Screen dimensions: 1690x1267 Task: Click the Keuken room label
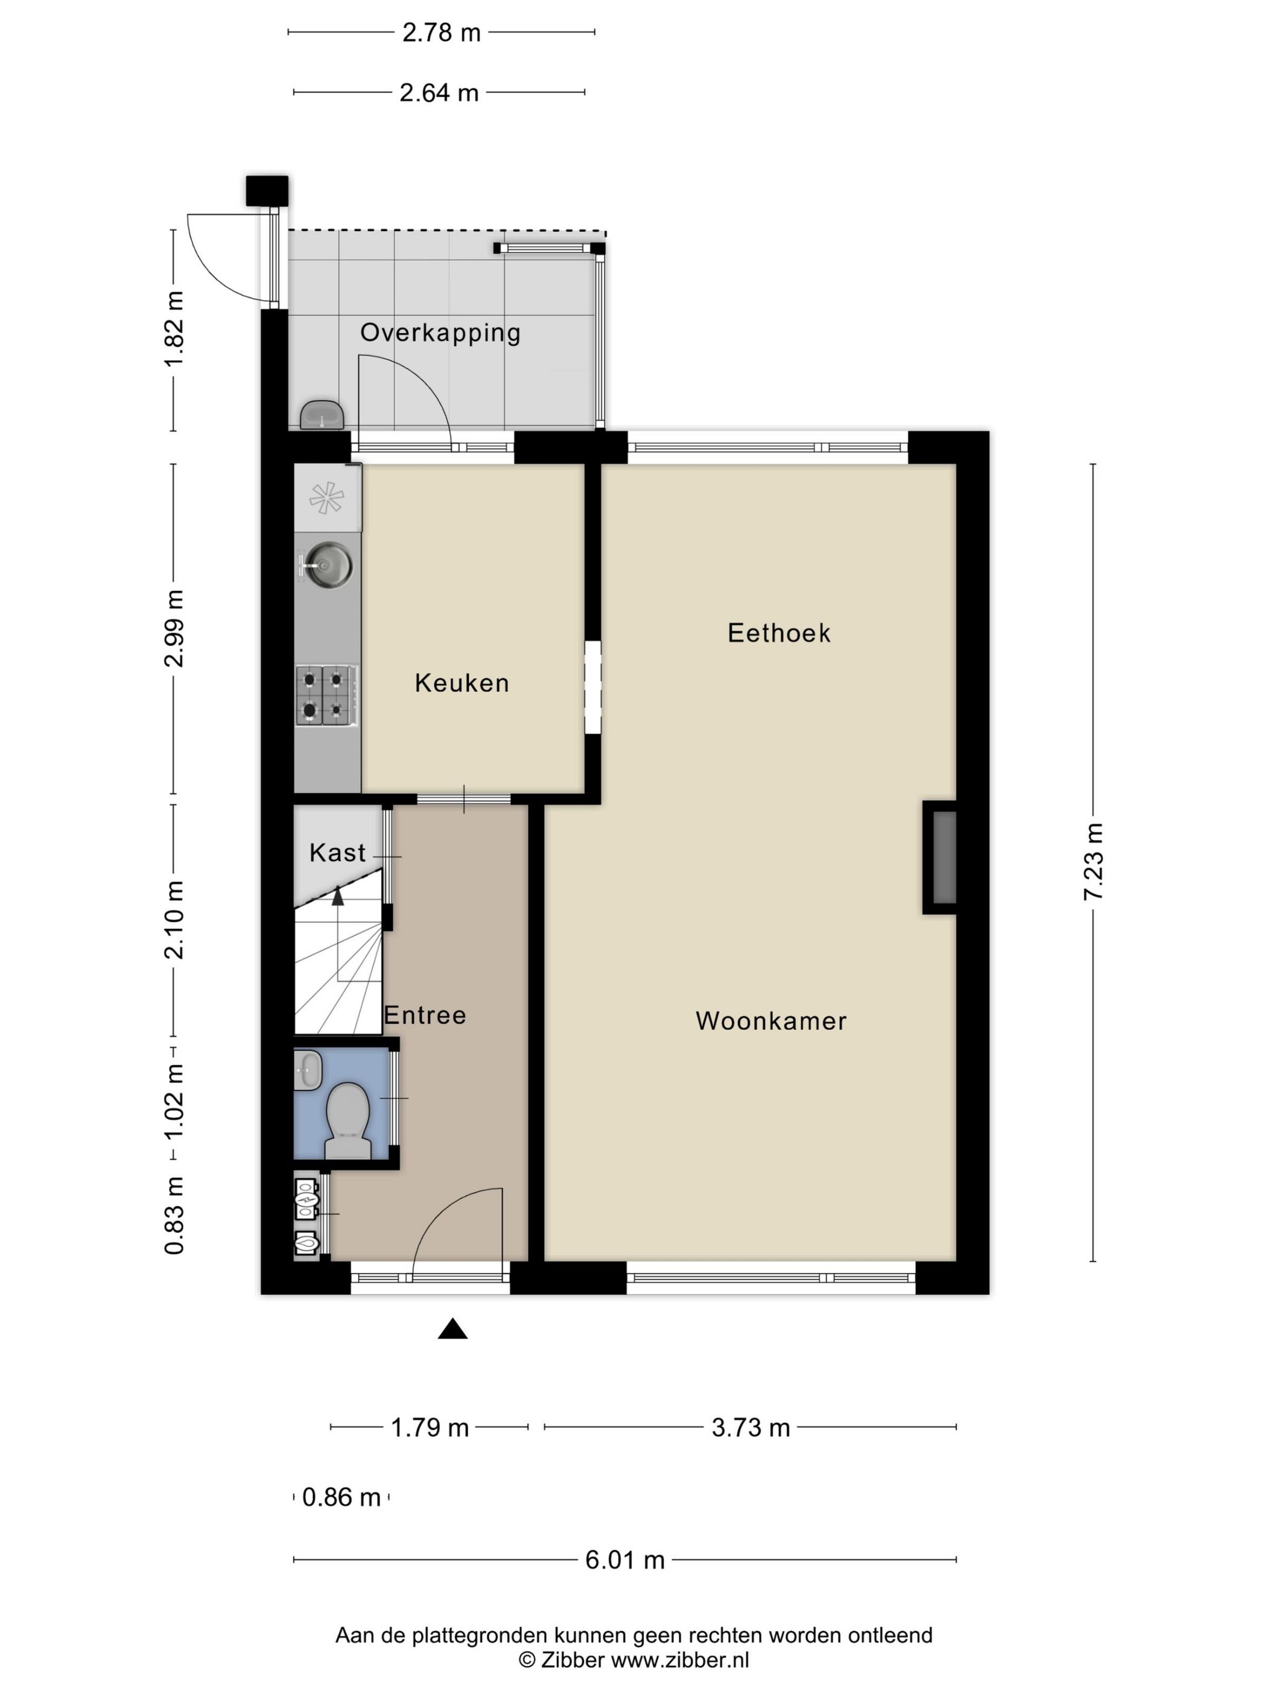[462, 682]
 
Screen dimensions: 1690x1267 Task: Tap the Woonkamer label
[770, 1021]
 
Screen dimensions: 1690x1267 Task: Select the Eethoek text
[778, 633]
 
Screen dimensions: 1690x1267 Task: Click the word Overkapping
[440, 333]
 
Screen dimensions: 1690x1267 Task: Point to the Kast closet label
[337, 853]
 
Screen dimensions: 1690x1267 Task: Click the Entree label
[425, 1015]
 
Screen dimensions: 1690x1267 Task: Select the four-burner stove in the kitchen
[327, 695]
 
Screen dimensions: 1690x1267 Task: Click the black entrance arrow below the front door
[452, 1330]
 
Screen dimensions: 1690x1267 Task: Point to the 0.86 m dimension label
[341, 1497]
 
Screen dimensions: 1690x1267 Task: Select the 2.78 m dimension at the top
[442, 32]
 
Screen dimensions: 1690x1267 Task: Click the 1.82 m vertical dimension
[175, 328]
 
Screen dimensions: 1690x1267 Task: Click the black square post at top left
[267, 190]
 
